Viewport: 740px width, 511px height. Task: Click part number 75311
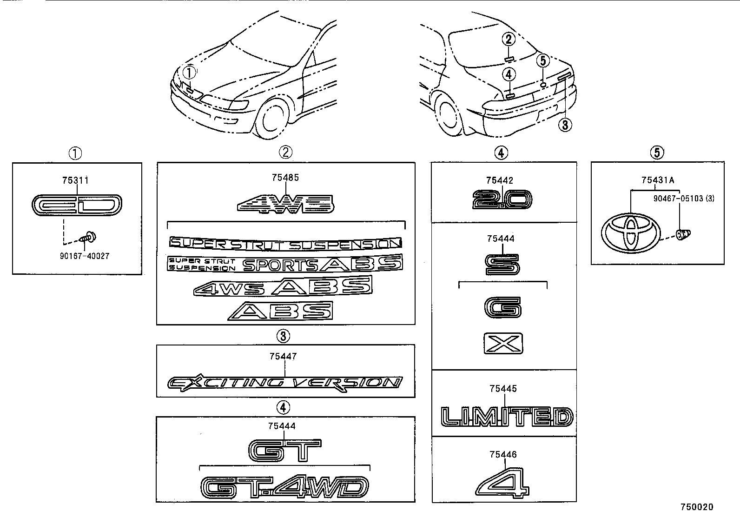click(x=75, y=180)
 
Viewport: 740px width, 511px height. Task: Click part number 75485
click(x=285, y=177)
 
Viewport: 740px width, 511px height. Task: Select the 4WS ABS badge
click(x=283, y=286)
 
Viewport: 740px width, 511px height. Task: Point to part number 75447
click(x=283, y=357)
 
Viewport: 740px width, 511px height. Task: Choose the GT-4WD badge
click(x=284, y=487)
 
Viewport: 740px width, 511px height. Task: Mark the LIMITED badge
click(x=506, y=417)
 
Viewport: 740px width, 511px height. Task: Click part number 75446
click(x=503, y=454)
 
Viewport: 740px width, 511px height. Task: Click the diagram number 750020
click(x=697, y=507)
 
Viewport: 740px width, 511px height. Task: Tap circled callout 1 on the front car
click(x=190, y=73)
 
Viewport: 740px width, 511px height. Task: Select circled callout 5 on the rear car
click(x=543, y=60)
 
